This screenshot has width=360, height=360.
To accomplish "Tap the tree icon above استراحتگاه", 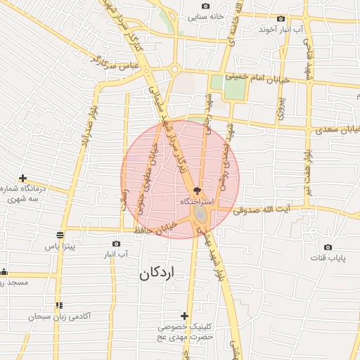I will [197, 190].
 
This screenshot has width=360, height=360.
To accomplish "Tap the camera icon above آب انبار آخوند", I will [281, 19].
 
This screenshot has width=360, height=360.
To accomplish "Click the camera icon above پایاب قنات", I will [328, 247].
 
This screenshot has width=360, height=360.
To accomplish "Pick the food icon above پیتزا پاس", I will [60, 236].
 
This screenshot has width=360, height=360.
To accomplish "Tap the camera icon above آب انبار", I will [117, 243].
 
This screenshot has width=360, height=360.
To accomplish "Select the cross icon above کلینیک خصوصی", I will [184, 316].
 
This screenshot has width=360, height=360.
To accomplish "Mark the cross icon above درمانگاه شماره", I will [23, 179].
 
